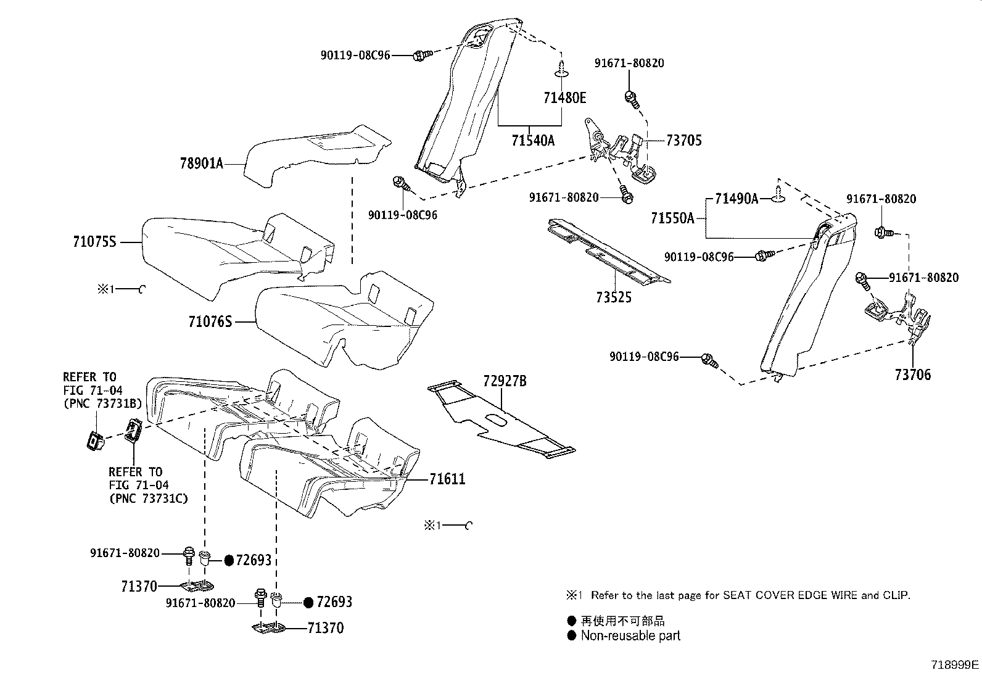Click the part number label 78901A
coord(202,163)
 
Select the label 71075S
coord(95,242)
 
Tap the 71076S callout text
coord(210,322)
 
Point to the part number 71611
coord(447,479)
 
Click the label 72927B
coord(505,381)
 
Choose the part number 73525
coord(614,297)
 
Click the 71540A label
coord(533,141)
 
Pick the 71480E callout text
coord(564,98)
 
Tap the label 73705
coord(684,140)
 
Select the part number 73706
coord(913,375)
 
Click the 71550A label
coord(672,218)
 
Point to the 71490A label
coord(736,199)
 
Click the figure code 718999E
coord(955,665)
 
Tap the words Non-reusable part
coord(630,635)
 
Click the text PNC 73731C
coord(149,498)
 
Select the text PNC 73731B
coord(102,403)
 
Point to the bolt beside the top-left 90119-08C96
coord(423,55)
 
